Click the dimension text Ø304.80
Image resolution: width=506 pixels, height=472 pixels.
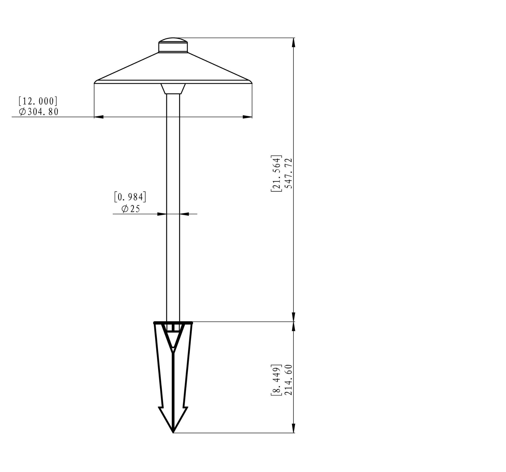(x=39, y=112)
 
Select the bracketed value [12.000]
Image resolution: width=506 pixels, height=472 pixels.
(x=38, y=101)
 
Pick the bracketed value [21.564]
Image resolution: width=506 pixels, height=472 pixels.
(x=276, y=173)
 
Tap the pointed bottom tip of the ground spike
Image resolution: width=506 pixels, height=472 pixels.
(x=173, y=432)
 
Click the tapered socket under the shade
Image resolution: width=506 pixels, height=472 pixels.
(x=173, y=89)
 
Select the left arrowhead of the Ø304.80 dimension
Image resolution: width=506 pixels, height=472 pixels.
(x=99, y=117)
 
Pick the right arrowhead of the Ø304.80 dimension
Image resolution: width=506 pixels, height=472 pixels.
(x=247, y=117)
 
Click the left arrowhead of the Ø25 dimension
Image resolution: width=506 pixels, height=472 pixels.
(x=162, y=214)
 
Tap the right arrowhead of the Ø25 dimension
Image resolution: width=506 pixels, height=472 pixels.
(x=184, y=214)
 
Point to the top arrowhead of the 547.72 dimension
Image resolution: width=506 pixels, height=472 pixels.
(x=293, y=43)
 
